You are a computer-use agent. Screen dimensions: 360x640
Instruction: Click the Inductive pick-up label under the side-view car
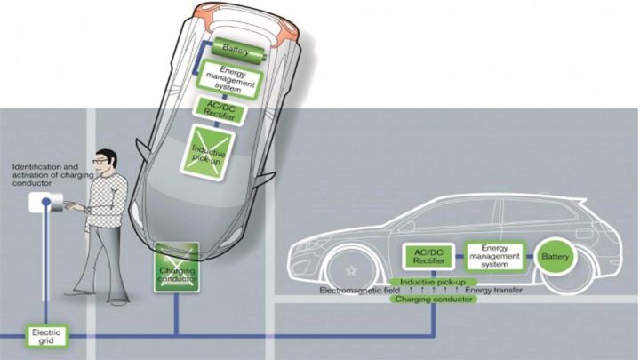[435, 282]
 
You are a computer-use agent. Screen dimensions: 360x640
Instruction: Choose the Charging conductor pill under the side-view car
[435, 300]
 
